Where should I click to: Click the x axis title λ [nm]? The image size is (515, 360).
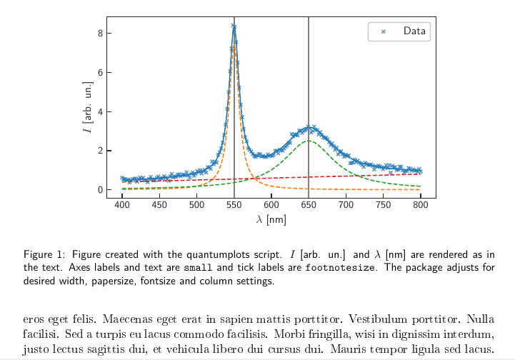tap(271, 220)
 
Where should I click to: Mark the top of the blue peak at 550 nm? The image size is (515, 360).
tap(234, 26)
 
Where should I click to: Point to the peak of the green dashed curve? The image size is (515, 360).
tap(309, 141)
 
